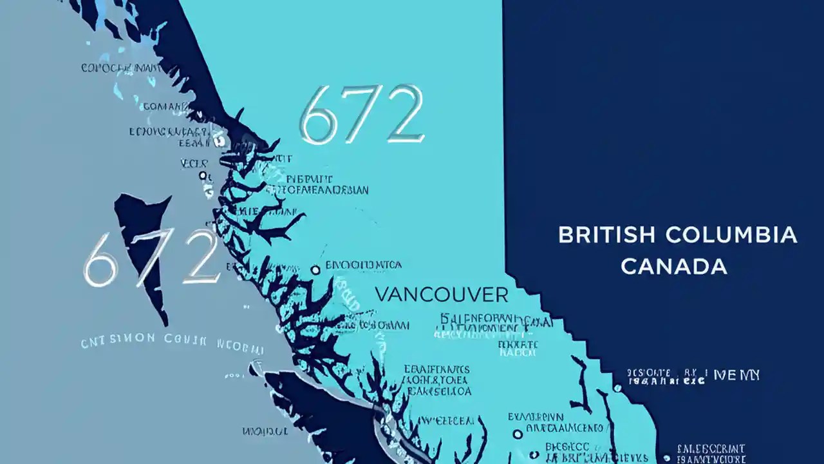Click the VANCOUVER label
pos(441,295)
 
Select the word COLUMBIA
pos(731,235)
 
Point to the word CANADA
pos(674,266)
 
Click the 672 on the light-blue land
pos(362,114)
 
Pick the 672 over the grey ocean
pos(151,258)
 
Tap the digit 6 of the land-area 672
pos(320,116)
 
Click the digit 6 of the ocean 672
pos(100,260)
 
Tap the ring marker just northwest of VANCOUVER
pos(315,270)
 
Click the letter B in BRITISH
pos(565,235)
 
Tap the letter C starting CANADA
pos(629,266)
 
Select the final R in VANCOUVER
pos(501,295)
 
